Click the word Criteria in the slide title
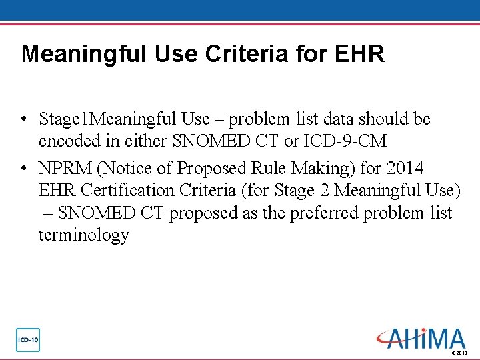pyautogui.click(x=246, y=54)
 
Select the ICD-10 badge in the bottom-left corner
pyautogui.click(x=28, y=340)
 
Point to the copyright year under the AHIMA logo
pyautogui.click(x=460, y=353)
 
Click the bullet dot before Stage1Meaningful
pyautogui.click(x=23, y=121)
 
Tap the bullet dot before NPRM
pyautogui.click(x=23, y=167)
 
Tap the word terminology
pyautogui.click(x=83, y=235)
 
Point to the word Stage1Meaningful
pyautogui.click(x=107, y=119)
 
